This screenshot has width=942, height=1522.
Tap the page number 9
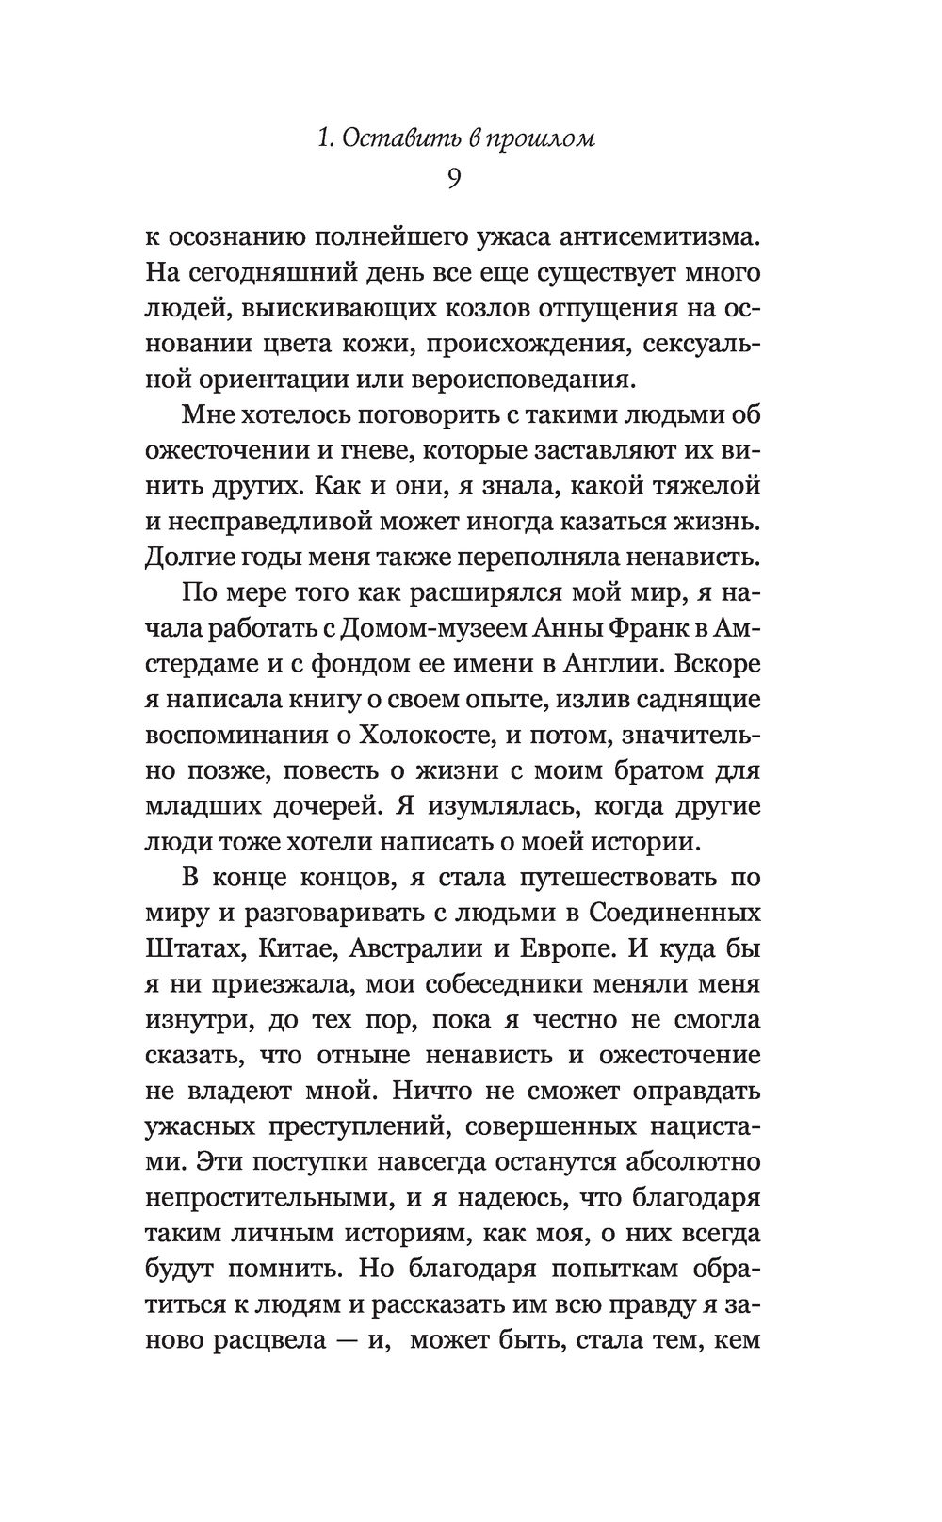453,179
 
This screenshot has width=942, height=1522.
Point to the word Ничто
476,1092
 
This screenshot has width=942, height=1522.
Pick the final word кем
738,1339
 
